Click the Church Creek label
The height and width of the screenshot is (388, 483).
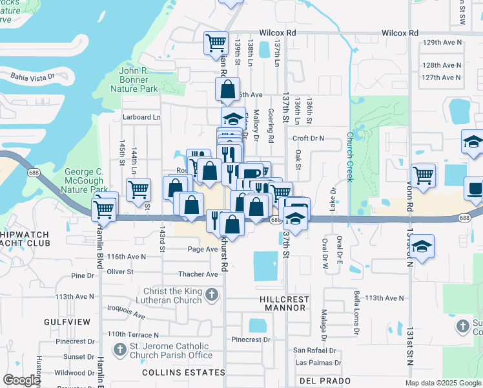349,157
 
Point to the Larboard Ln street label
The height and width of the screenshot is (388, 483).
141,117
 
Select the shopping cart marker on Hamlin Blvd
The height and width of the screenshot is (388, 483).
103,209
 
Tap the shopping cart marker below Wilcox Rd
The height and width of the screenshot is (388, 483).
216,43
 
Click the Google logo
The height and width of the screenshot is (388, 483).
21,380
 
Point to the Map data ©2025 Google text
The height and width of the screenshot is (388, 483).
443,383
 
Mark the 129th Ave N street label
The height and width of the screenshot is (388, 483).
442,43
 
